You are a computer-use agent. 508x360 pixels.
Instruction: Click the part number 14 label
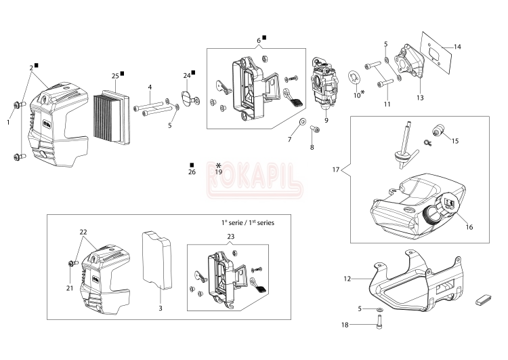click(x=457, y=47)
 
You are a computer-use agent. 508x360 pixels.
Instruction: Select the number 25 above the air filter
click(x=115, y=75)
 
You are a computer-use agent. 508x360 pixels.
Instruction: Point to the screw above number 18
click(x=377, y=314)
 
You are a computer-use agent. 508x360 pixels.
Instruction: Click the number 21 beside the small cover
click(x=69, y=287)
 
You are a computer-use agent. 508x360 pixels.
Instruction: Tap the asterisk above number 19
click(x=218, y=165)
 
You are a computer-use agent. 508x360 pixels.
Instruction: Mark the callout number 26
click(x=192, y=172)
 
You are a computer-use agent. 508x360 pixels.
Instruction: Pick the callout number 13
click(x=420, y=98)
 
